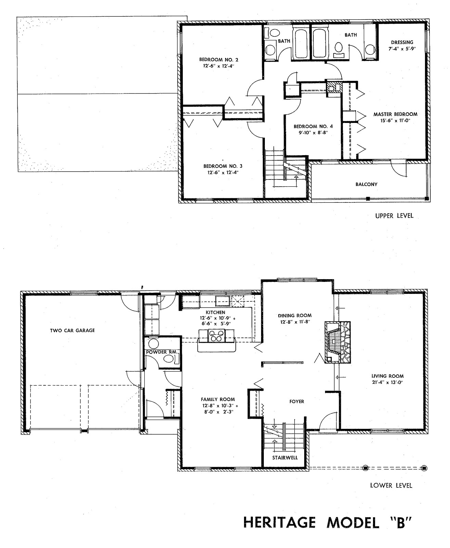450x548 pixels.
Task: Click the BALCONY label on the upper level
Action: tap(366, 184)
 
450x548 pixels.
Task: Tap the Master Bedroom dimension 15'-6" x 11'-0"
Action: tap(395, 121)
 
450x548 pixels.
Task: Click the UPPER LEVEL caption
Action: tap(394, 216)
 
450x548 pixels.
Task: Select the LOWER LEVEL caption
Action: tap(391, 485)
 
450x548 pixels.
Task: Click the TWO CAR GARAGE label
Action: tap(72, 331)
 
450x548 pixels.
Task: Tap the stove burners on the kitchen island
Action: tap(217, 335)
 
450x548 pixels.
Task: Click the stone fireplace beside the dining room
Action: tap(337, 342)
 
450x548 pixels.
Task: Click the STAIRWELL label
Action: tap(285, 458)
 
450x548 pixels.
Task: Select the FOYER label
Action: tap(296, 401)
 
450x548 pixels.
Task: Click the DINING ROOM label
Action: tap(294, 315)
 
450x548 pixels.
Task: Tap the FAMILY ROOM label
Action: tap(218, 399)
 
